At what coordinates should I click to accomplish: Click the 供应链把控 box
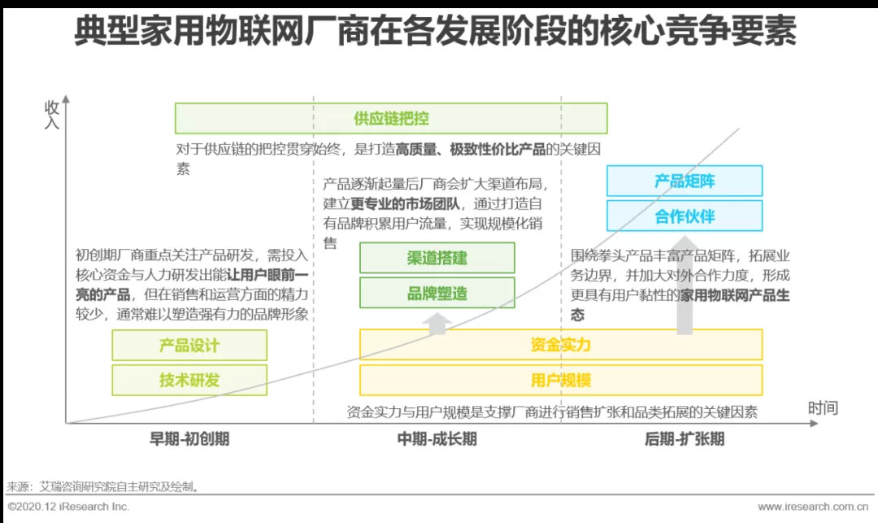pyautogui.click(x=391, y=118)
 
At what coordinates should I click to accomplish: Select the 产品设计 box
pyautogui.click(x=189, y=345)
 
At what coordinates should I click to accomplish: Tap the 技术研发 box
pyautogui.click(x=189, y=380)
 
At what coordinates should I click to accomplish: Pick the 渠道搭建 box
pyautogui.click(x=437, y=258)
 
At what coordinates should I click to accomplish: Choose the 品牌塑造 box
pyautogui.click(x=437, y=293)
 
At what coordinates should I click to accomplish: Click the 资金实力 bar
pyautogui.click(x=561, y=345)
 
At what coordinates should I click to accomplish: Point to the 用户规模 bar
pyautogui.click(x=561, y=380)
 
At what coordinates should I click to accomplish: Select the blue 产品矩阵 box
pyautogui.click(x=685, y=181)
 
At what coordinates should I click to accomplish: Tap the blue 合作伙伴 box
pyautogui.click(x=685, y=216)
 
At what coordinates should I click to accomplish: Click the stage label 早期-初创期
pyautogui.click(x=189, y=439)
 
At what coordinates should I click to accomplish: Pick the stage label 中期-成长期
pyautogui.click(x=437, y=439)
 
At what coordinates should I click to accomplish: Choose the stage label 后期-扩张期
pyautogui.click(x=684, y=439)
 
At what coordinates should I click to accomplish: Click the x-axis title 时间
pyautogui.click(x=823, y=408)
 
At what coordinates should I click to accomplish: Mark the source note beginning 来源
pyautogui.click(x=102, y=487)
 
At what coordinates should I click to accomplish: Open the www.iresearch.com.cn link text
pyautogui.click(x=814, y=507)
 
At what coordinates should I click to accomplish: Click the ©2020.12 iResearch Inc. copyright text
pyautogui.click(x=68, y=507)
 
